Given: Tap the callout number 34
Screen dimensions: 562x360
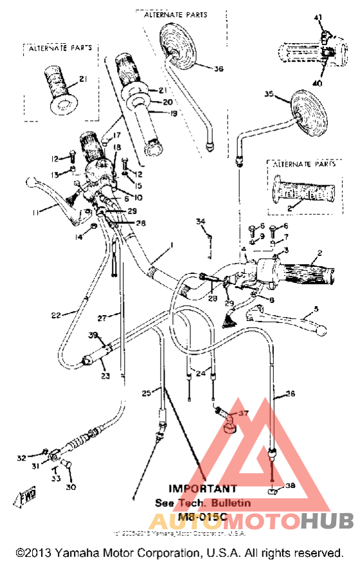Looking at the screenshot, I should [x=201, y=222].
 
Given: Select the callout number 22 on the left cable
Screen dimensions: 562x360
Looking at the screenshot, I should [x=56, y=315].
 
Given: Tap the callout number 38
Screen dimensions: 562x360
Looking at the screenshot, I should [x=291, y=485].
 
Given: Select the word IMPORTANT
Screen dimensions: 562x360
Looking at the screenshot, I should [x=202, y=489].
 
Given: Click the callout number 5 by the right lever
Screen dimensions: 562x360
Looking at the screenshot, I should [x=315, y=309].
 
